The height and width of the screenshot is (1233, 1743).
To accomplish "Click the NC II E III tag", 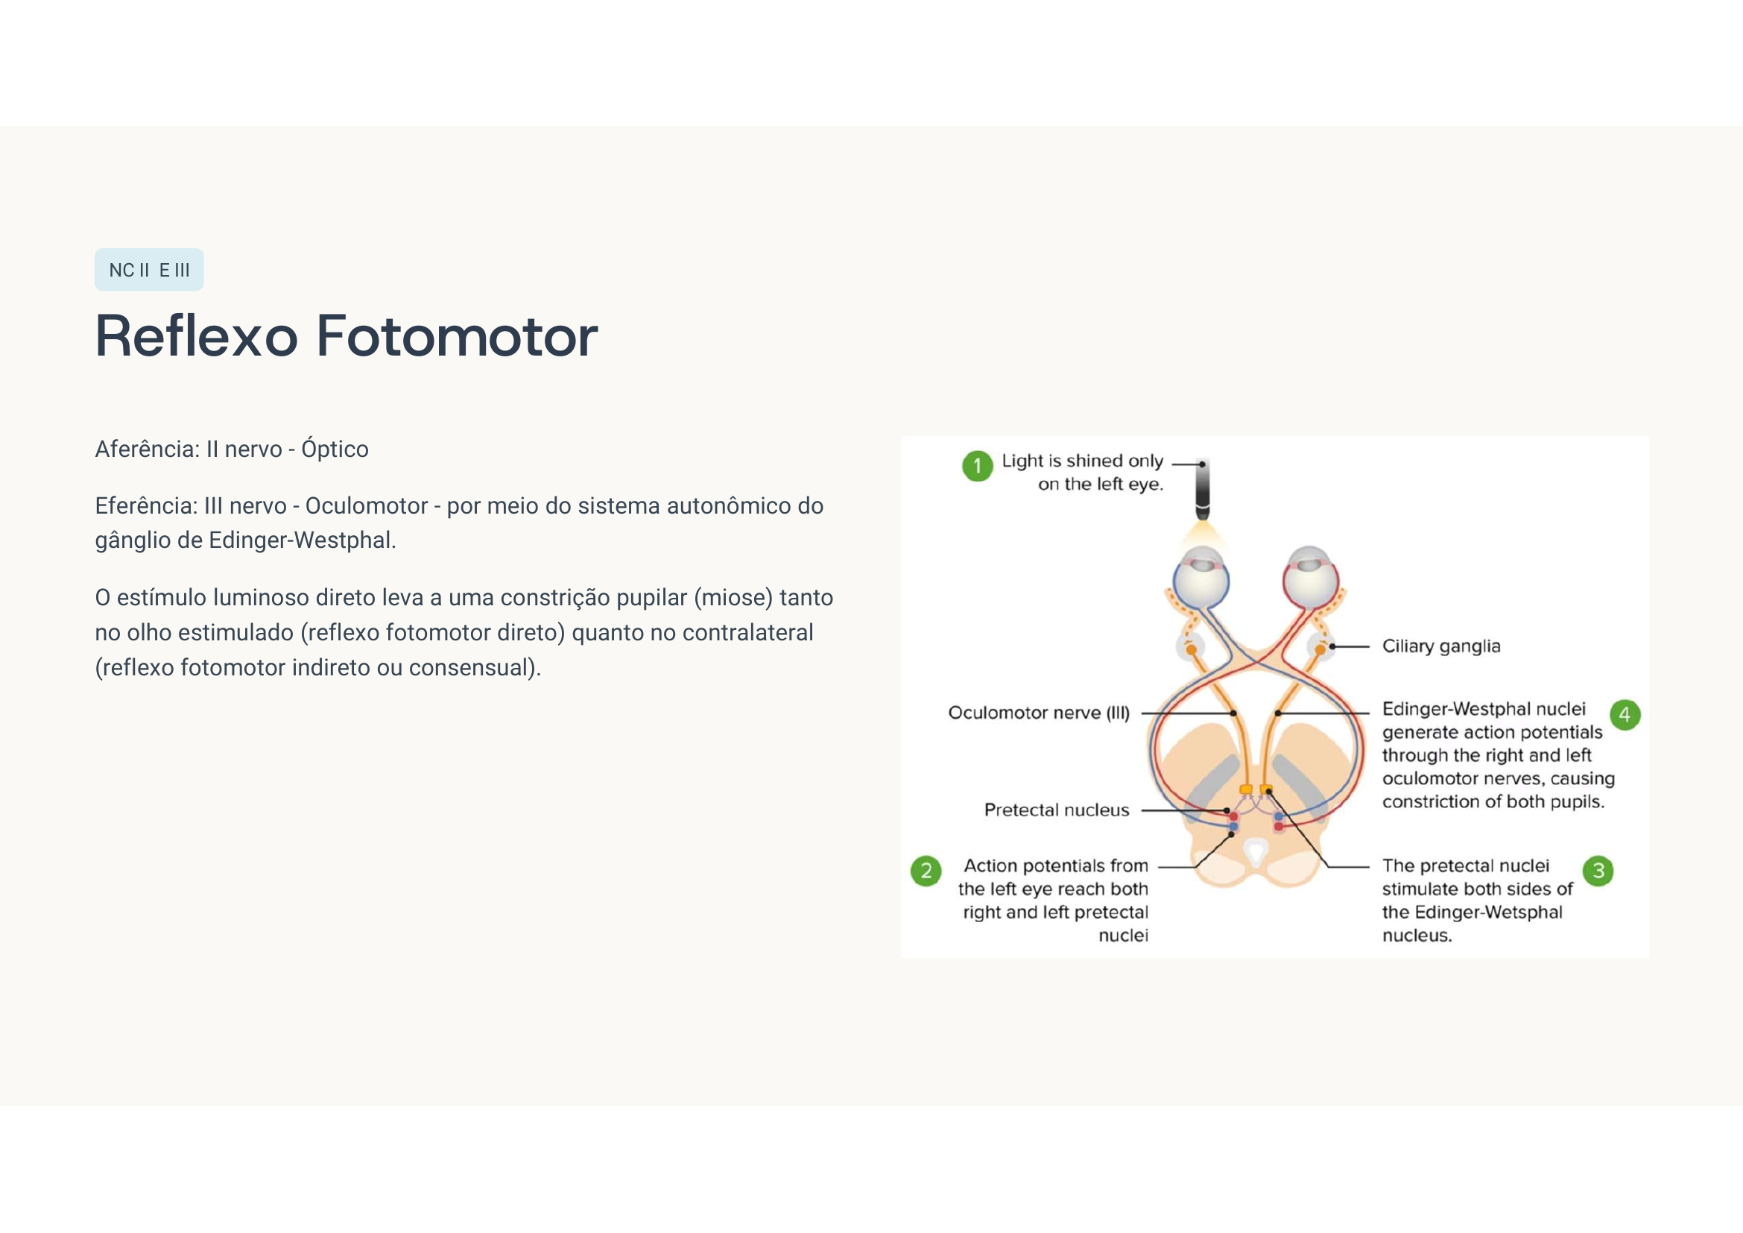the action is [149, 270].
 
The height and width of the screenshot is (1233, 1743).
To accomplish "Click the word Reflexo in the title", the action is [197, 336].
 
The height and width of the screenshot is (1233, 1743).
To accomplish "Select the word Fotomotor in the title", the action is [457, 336].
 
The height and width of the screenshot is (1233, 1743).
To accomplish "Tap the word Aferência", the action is [147, 450].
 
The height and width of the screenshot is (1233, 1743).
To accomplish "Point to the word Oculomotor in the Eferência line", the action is [367, 506].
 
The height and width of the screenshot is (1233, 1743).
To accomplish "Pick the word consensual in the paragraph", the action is [468, 668].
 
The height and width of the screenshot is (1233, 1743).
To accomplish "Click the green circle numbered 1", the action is [978, 466].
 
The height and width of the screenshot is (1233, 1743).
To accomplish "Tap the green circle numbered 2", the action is [926, 871].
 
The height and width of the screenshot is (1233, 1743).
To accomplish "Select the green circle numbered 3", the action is [1598, 871].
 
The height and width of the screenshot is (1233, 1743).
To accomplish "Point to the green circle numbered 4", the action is [1625, 714].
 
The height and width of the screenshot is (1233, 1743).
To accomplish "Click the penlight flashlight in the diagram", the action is [1203, 491].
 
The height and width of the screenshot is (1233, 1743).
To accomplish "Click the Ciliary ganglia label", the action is [1441, 646].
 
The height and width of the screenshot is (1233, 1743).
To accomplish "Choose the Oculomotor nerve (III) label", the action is [1039, 713].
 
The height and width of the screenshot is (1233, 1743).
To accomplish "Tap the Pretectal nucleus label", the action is [1057, 810].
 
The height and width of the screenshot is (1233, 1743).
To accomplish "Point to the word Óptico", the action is [335, 449].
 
